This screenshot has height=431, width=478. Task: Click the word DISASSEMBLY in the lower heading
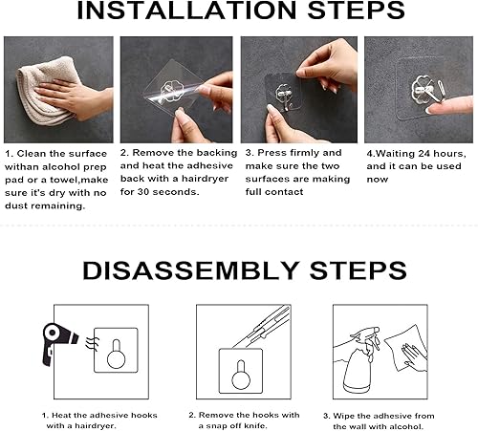(197, 269)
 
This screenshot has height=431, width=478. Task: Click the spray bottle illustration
(355, 364)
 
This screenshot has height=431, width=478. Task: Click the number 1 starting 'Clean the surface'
(8, 153)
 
